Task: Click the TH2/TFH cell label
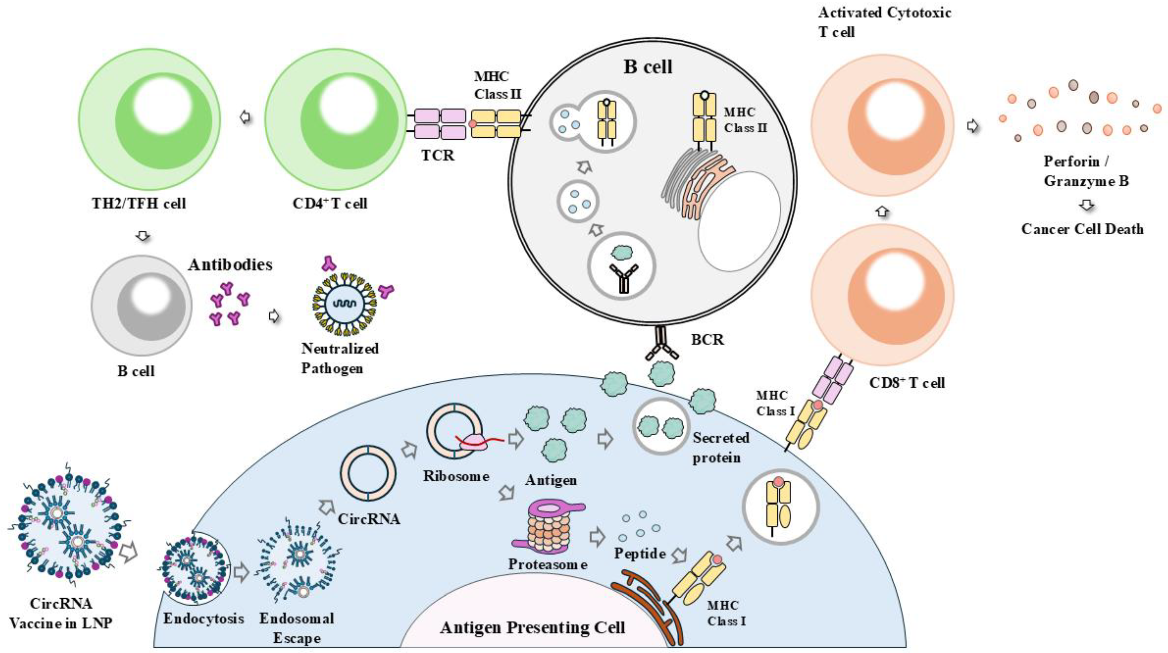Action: tap(139, 203)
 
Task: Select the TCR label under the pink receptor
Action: tap(437, 155)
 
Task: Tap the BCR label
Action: tap(707, 340)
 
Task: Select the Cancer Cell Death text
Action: tap(1082, 229)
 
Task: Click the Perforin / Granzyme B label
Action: tap(1086, 171)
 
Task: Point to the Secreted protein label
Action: tap(720, 448)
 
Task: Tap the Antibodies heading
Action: tap(230, 264)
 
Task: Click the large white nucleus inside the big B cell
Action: tap(739, 222)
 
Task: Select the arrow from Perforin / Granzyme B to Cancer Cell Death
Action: tap(1086, 205)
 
